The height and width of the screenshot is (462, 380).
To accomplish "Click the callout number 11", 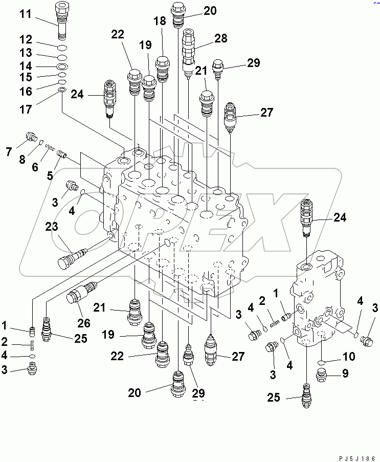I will [x=26, y=14].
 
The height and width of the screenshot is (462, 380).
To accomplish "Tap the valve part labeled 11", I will [x=62, y=20].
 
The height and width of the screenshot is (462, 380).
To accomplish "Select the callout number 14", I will [x=26, y=66].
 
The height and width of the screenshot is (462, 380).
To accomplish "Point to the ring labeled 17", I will [x=61, y=90].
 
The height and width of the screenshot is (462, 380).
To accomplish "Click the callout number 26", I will [x=83, y=323].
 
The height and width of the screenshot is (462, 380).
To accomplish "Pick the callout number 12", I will [x=26, y=39].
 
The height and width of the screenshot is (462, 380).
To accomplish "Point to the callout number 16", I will [x=26, y=91].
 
